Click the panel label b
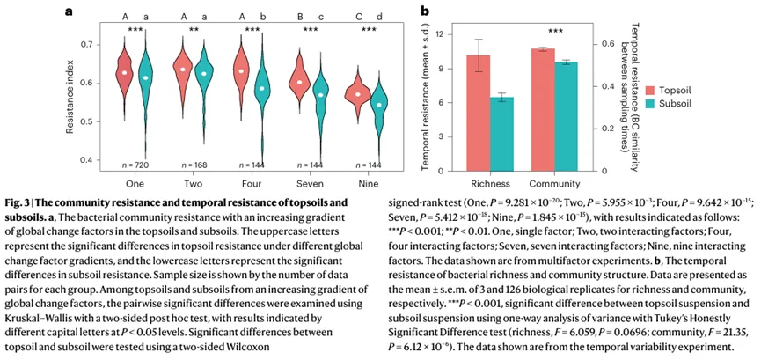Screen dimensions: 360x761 [425, 11]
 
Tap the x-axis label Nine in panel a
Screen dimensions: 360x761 [369, 184]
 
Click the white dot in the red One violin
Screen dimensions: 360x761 [125, 72]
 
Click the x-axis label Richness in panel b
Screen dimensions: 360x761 [490, 184]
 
